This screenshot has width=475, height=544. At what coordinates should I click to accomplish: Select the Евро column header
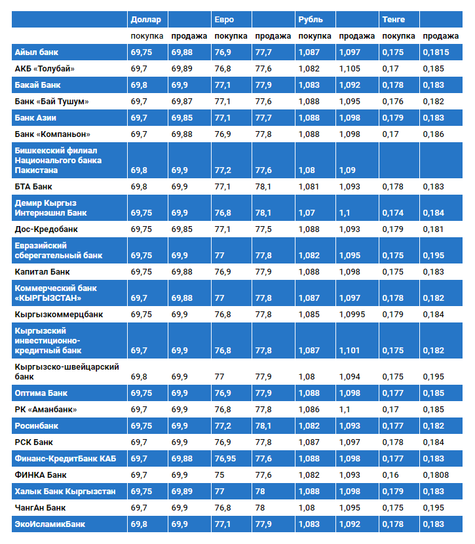224,19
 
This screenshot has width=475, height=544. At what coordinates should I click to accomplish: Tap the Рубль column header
310,19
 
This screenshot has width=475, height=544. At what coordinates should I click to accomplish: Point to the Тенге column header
393,19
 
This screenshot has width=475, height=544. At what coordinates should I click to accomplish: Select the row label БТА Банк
33,187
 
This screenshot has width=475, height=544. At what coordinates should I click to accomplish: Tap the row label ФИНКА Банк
40,475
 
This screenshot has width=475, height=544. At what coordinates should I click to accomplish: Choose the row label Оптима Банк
41,393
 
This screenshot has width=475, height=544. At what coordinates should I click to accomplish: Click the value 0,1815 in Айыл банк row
436,52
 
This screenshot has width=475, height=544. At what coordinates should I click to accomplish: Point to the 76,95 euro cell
227,459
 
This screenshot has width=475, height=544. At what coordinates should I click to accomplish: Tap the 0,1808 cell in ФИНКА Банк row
436,475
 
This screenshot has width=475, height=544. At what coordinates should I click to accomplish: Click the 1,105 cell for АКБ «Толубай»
350,68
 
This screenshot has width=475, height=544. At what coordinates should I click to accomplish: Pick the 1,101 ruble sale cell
350,351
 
